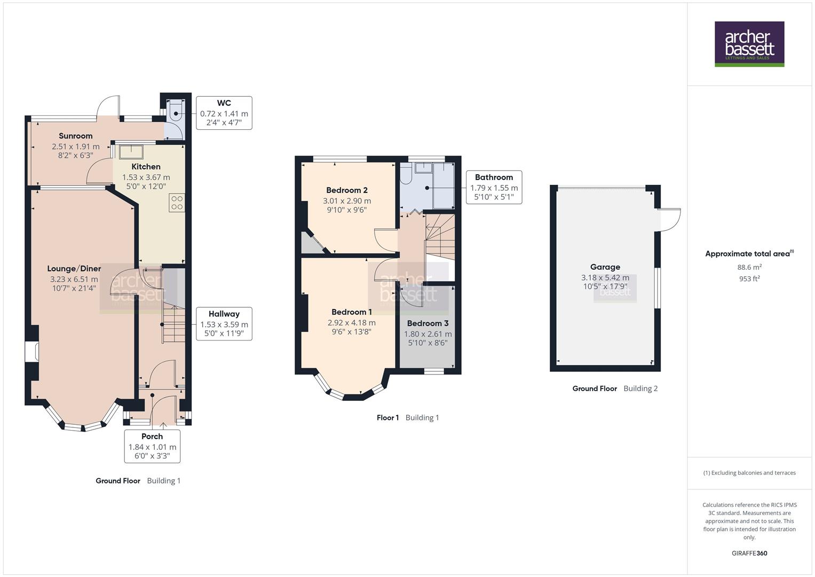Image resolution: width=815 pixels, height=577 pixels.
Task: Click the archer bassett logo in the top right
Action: click(749, 44)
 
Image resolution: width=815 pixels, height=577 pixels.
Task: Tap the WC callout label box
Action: click(224, 113)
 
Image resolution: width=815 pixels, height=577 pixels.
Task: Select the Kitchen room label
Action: click(146, 167)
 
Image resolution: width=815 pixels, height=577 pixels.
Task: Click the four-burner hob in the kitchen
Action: click(177, 202)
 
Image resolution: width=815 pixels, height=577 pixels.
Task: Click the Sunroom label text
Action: click(75, 136)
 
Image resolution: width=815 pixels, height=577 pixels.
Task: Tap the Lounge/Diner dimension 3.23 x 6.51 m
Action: click(74, 279)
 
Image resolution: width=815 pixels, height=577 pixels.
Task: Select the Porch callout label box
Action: click(152, 446)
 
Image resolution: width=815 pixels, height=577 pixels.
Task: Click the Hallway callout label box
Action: click(224, 324)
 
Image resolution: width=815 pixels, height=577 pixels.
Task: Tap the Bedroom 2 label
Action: click(346, 190)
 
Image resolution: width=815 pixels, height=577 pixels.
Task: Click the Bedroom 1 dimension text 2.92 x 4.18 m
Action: click(351, 323)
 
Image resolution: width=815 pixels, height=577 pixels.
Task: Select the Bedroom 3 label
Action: click(428, 323)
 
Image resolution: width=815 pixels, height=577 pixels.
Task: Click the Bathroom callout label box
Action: click(494, 187)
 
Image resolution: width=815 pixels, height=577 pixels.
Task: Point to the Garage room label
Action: click(605, 267)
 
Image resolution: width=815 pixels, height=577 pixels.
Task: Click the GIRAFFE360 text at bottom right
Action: click(749, 553)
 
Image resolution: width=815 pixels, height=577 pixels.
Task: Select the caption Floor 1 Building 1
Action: click(408, 418)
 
